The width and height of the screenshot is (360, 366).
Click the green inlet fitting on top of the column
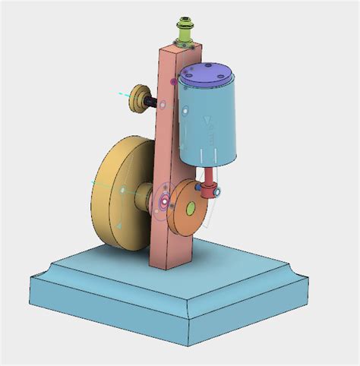[x=185, y=30]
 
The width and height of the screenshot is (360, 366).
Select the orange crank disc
[x=187, y=208]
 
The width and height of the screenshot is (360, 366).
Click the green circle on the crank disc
[x=191, y=207]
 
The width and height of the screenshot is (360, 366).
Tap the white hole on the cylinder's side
[x=183, y=113]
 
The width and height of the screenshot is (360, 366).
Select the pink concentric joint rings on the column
[x=162, y=202]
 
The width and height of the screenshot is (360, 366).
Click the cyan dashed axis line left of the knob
[x=124, y=94]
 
